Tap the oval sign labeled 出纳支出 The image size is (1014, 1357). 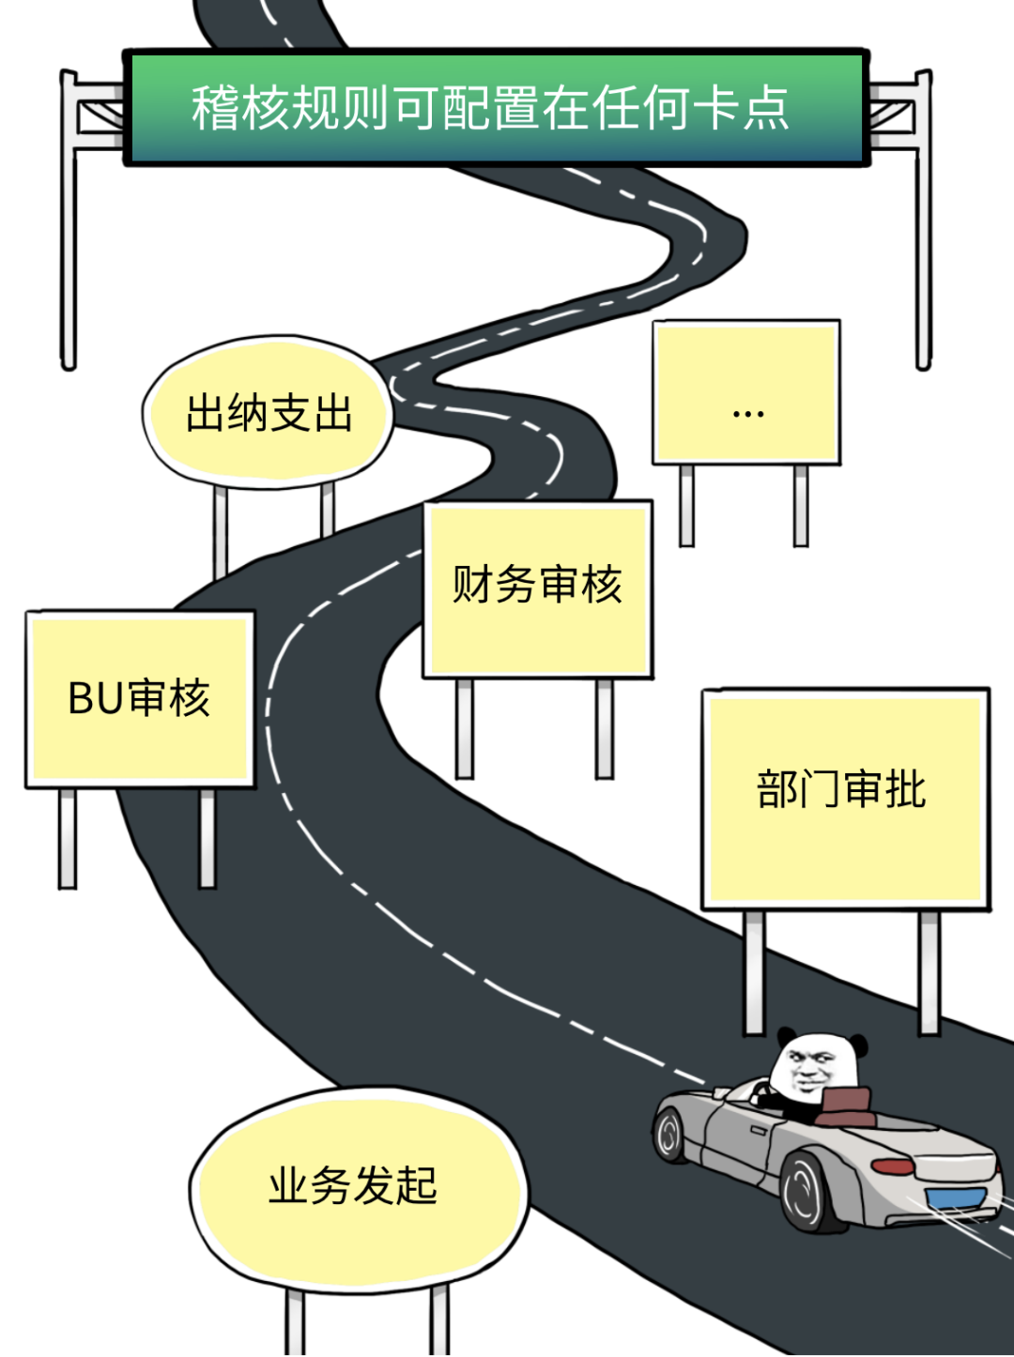(x=269, y=413)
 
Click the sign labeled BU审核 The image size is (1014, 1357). (x=140, y=699)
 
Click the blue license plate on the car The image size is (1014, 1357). (x=955, y=1198)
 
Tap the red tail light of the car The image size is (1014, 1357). (x=893, y=1166)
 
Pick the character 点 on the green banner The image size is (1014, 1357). (x=766, y=108)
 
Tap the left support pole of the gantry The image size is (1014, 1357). (x=69, y=253)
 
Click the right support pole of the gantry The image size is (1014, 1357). (x=924, y=253)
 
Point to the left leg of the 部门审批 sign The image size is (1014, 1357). (x=754, y=972)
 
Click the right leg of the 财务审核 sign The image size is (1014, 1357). (x=605, y=728)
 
